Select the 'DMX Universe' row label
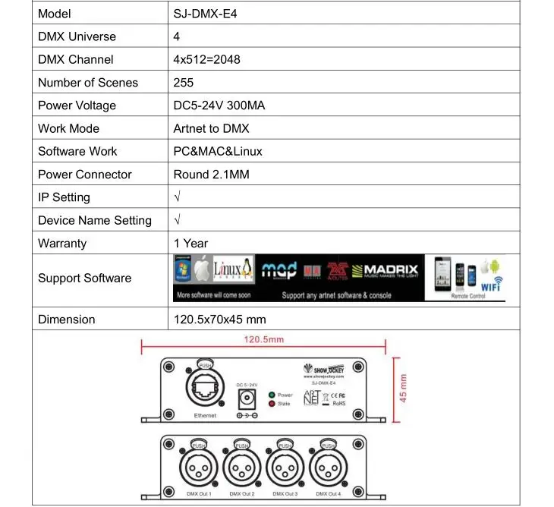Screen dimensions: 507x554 point(77,36)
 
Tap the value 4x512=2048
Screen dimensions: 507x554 point(206,59)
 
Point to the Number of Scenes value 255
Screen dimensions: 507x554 point(184,82)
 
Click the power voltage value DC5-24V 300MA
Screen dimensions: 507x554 point(219,105)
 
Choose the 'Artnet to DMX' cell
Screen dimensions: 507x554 point(211,128)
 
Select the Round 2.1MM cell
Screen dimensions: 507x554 point(211,175)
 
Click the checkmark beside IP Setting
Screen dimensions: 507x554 point(177,197)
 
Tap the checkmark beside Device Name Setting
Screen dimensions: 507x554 point(177,220)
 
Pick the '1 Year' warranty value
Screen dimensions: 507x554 point(190,243)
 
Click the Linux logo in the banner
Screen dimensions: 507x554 point(233,270)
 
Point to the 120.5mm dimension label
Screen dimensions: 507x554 point(264,339)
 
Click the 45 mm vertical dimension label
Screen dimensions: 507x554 point(404,388)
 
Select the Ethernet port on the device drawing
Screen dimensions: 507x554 point(205,389)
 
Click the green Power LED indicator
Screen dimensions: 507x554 point(272,395)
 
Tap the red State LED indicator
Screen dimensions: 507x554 point(272,404)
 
